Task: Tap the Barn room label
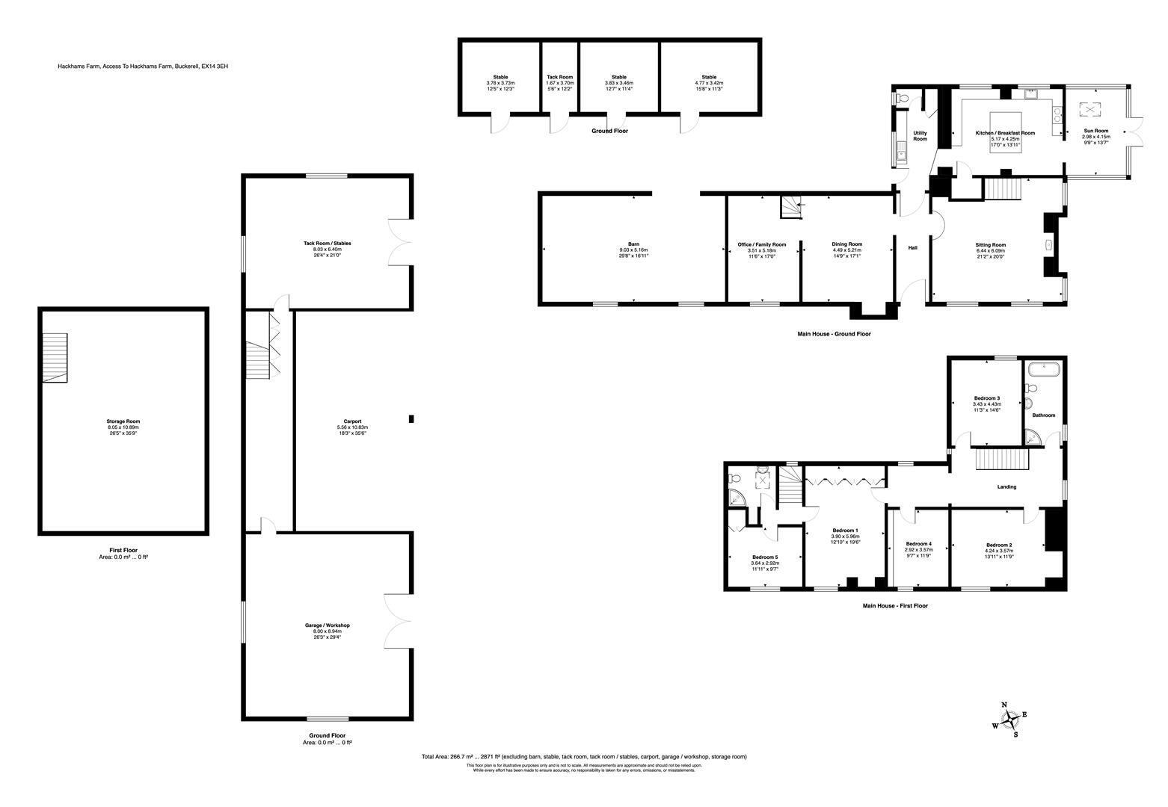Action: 633,244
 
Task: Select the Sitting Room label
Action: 990,244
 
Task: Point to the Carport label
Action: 352,421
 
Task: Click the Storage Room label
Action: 123,421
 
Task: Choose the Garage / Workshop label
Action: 327,625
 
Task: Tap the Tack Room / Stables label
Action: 327,243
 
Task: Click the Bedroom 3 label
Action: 986,398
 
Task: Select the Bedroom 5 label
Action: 765,557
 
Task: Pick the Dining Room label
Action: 846,244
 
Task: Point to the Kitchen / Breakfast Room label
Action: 1005,133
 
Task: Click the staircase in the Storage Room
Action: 55,358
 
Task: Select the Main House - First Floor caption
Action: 894,606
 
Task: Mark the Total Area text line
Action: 584,757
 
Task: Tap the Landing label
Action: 1006,487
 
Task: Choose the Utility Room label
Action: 920,136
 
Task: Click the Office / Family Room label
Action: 761,244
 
